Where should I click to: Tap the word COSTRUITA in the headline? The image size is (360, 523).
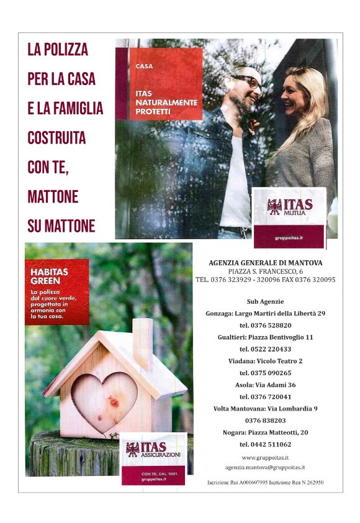point(56,138)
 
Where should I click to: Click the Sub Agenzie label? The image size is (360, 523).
point(265,301)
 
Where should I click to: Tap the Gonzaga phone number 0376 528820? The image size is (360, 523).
point(265,325)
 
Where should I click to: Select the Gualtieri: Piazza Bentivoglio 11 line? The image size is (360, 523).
point(265,337)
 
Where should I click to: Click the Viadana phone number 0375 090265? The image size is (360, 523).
point(265,373)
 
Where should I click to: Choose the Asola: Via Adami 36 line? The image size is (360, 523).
point(265,384)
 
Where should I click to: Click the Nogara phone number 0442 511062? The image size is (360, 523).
point(265,445)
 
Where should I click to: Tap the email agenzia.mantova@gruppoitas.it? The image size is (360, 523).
point(265,467)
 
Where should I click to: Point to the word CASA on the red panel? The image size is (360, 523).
point(144,65)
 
